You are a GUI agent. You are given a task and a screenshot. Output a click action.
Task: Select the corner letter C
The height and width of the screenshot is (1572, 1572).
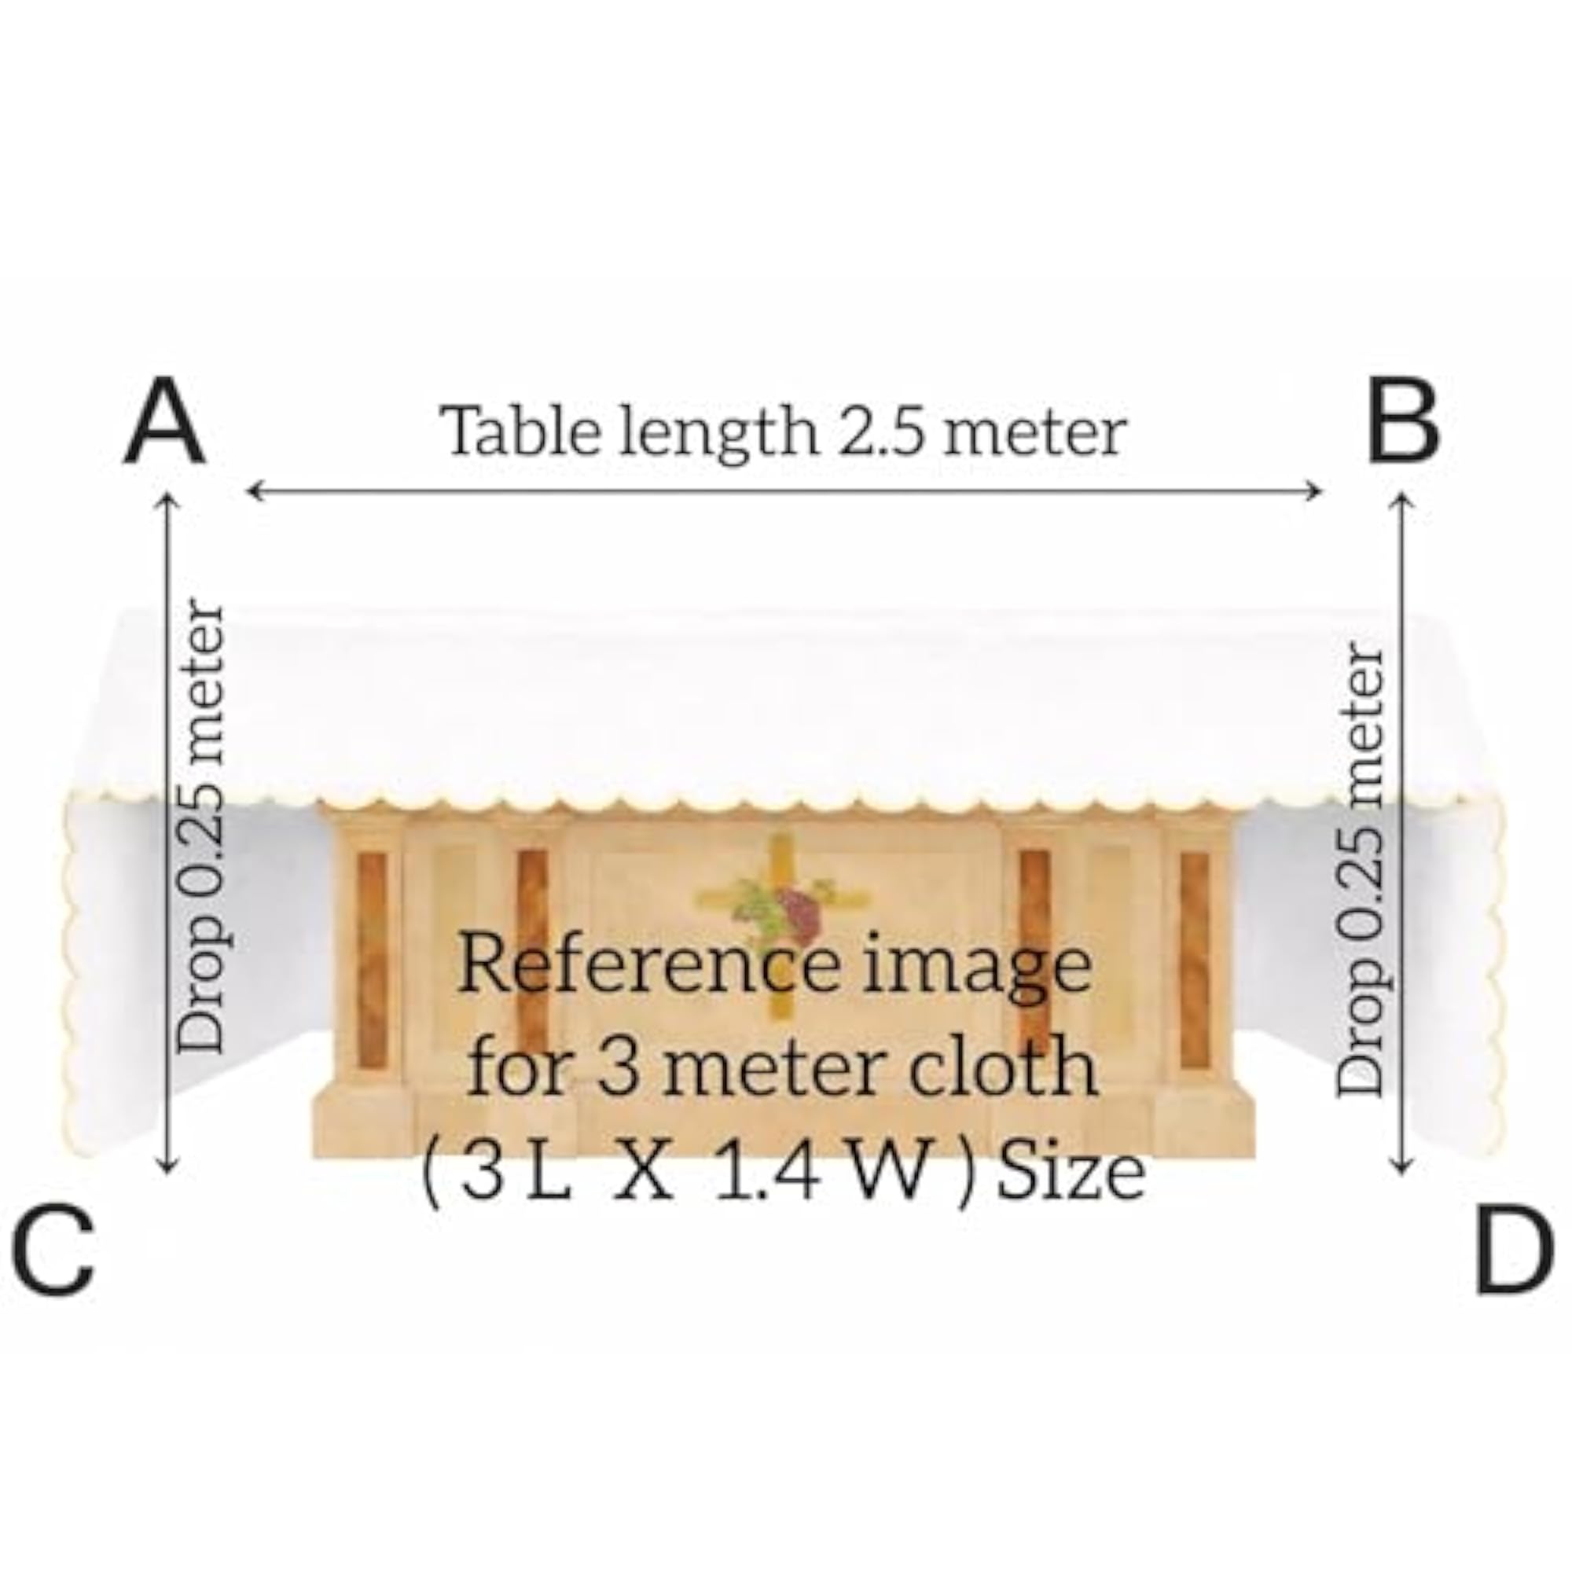(53, 1251)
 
